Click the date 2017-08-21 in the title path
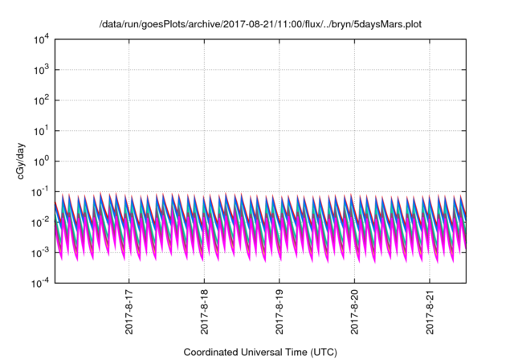[246, 25]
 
